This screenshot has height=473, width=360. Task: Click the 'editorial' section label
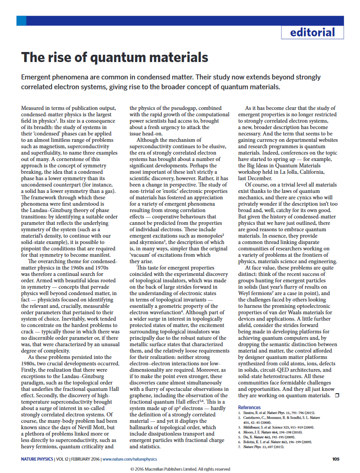312,32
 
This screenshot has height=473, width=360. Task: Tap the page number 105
336,459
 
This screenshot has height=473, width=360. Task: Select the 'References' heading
250,407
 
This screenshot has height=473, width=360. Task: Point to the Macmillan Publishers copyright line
180,469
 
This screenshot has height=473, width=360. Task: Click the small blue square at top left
21,21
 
